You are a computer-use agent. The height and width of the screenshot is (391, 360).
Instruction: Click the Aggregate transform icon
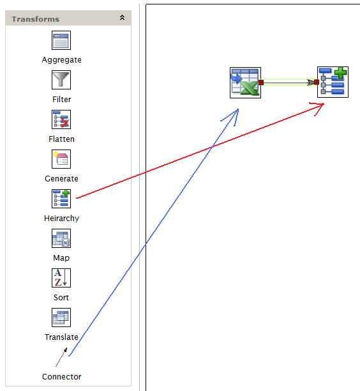coord(61,40)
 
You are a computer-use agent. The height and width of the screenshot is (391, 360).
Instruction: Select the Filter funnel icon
coord(61,80)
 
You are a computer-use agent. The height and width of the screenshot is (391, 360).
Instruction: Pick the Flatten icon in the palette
coord(61,119)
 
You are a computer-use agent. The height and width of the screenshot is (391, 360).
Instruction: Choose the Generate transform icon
coord(61,159)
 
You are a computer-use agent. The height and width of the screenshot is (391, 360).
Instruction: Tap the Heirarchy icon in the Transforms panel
coord(61,199)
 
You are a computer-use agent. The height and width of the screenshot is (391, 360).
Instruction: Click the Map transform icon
coord(61,238)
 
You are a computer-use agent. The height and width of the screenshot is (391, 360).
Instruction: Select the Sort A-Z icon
coord(61,278)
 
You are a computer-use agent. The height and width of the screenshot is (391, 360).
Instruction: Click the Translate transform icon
coord(61,318)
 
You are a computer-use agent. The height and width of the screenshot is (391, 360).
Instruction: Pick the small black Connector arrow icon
coord(61,357)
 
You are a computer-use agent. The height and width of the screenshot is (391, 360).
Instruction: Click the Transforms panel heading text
coord(36,19)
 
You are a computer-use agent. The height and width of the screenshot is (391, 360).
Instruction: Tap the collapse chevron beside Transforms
coord(122,17)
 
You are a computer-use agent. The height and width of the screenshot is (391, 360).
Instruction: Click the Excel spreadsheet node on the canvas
coord(245,82)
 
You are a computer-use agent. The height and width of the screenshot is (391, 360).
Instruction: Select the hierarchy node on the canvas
coord(333,82)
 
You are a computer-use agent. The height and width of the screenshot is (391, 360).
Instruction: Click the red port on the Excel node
coord(261,82)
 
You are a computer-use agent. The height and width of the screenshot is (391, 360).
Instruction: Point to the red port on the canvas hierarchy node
coord(317,82)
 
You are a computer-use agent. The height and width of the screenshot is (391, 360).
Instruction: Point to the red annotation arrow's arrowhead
coord(324,104)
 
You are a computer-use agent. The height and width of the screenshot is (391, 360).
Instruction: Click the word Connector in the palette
coord(61,376)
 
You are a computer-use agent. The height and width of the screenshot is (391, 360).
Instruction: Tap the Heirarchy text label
coord(61,218)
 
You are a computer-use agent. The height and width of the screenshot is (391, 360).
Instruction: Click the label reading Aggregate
coord(61,60)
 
